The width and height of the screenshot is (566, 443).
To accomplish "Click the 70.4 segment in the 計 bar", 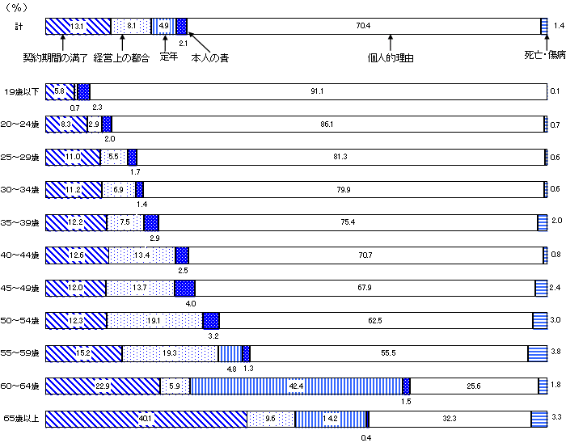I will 363,26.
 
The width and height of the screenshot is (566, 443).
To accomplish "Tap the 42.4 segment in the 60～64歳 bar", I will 296,386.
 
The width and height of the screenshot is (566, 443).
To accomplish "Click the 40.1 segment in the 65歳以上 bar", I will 146,419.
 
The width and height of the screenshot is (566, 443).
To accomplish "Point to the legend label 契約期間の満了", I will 55,58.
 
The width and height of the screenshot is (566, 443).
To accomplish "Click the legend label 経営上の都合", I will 121,58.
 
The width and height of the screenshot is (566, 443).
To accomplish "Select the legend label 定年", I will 168,57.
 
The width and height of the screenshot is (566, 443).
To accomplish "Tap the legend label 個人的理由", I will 391,58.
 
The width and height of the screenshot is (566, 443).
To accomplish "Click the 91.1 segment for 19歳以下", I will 317,91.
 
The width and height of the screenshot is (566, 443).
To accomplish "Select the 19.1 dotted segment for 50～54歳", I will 154,320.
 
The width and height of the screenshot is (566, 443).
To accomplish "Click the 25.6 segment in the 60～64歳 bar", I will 474,386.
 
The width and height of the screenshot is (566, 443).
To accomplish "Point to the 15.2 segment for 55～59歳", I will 83,353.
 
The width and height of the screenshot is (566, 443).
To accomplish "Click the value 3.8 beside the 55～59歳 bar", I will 555,353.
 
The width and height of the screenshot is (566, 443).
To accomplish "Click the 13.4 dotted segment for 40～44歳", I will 141,255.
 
